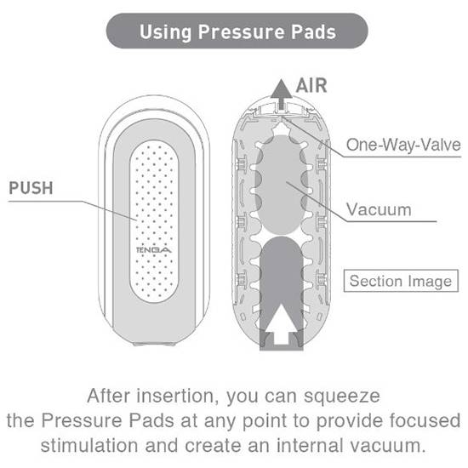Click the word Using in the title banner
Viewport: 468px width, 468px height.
coord(166,32)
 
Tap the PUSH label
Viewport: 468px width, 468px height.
coord(31,188)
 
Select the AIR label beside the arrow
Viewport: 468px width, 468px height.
coord(311,86)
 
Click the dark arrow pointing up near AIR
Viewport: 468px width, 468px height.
coord(281,94)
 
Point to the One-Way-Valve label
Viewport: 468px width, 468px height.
coord(403,145)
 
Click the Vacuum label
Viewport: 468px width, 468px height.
coord(379,209)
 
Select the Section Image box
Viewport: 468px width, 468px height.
coord(401,281)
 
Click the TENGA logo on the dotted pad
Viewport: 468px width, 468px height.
coord(154,249)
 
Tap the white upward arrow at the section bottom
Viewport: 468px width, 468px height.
coord(281,323)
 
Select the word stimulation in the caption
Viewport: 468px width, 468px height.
coord(89,445)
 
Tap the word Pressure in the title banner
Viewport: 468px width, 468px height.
coord(242,32)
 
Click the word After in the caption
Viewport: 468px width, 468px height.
coord(109,396)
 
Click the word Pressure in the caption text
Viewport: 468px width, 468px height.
coord(82,420)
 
